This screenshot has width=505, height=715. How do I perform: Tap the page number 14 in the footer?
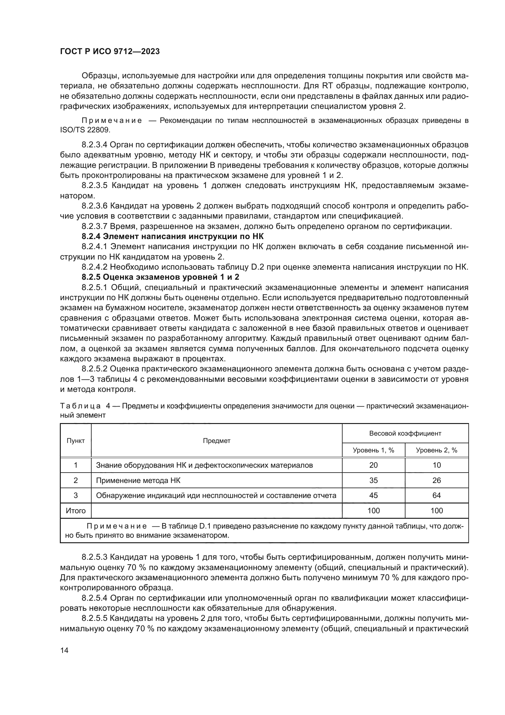tap(64, 651)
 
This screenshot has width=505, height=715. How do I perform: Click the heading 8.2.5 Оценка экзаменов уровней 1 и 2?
tap(160, 277)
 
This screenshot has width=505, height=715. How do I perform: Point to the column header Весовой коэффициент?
tap(405, 433)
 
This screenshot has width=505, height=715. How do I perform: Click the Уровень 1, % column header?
tap(373, 450)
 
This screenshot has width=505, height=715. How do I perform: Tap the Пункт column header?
tap(75, 441)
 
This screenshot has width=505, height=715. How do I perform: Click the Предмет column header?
tap(216, 441)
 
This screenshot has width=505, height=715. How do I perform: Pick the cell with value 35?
tap(373, 481)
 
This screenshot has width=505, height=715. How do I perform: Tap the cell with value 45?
tap(373, 496)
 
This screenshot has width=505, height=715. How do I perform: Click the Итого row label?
tap(75, 511)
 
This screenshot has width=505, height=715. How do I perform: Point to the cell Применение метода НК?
tap(138, 481)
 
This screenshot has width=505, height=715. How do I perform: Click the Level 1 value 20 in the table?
tap(373, 465)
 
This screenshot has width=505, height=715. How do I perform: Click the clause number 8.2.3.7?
tap(94, 227)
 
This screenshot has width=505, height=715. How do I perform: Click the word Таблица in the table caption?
tap(80, 406)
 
